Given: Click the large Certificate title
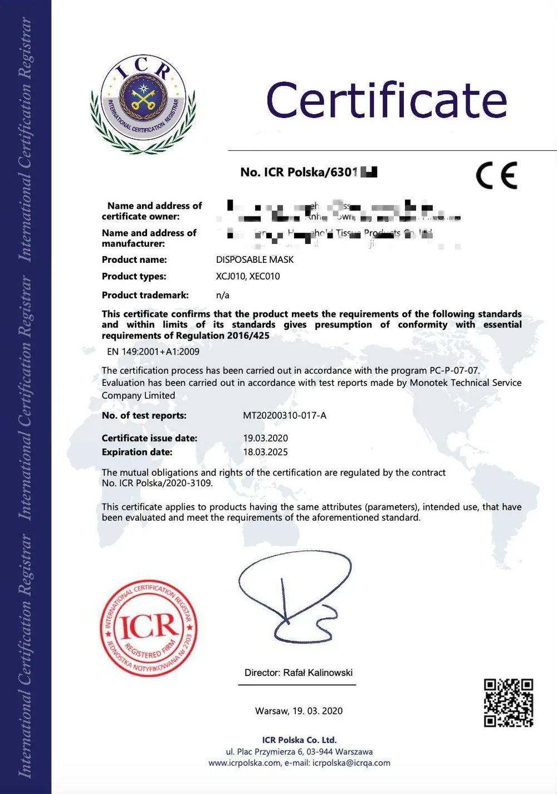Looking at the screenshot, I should (x=387, y=100).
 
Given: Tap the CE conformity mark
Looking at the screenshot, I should (x=496, y=175).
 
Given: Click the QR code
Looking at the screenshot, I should (x=508, y=703).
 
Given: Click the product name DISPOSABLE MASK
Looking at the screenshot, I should (x=255, y=259).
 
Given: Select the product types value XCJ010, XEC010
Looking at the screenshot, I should (x=248, y=276).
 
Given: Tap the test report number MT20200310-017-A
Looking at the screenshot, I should (x=285, y=415).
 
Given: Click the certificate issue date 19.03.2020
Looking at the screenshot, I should (x=266, y=438).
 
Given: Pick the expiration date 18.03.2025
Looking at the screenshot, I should (x=266, y=452).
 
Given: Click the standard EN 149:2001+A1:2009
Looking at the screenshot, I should (x=153, y=351).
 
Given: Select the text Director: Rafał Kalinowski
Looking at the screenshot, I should (x=299, y=673).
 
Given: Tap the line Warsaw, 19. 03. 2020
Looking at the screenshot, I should (x=299, y=711).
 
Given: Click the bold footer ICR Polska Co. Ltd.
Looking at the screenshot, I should (x=299, y=740).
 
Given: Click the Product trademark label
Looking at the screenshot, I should (x=145, y=295).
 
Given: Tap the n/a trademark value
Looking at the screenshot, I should (x=223, y=295).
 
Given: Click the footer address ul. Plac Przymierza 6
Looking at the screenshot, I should (x=299, y=752).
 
